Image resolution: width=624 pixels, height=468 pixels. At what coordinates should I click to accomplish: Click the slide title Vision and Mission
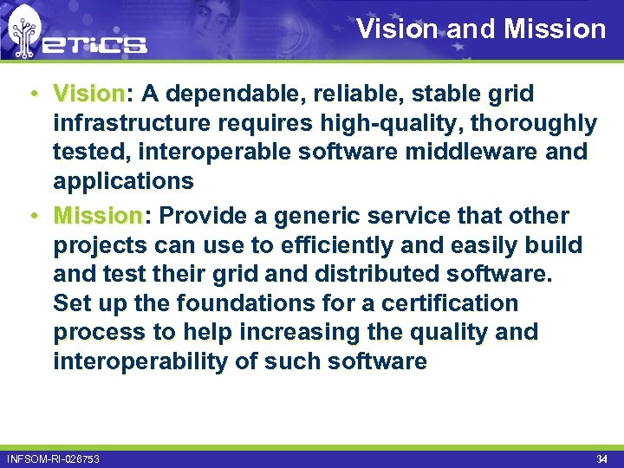(481, 29)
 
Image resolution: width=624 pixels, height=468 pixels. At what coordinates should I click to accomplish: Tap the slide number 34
(601, 458)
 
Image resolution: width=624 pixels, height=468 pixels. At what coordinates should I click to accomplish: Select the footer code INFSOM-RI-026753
(53, 458)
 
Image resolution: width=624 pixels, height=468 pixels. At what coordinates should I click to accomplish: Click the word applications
(123, 182)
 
